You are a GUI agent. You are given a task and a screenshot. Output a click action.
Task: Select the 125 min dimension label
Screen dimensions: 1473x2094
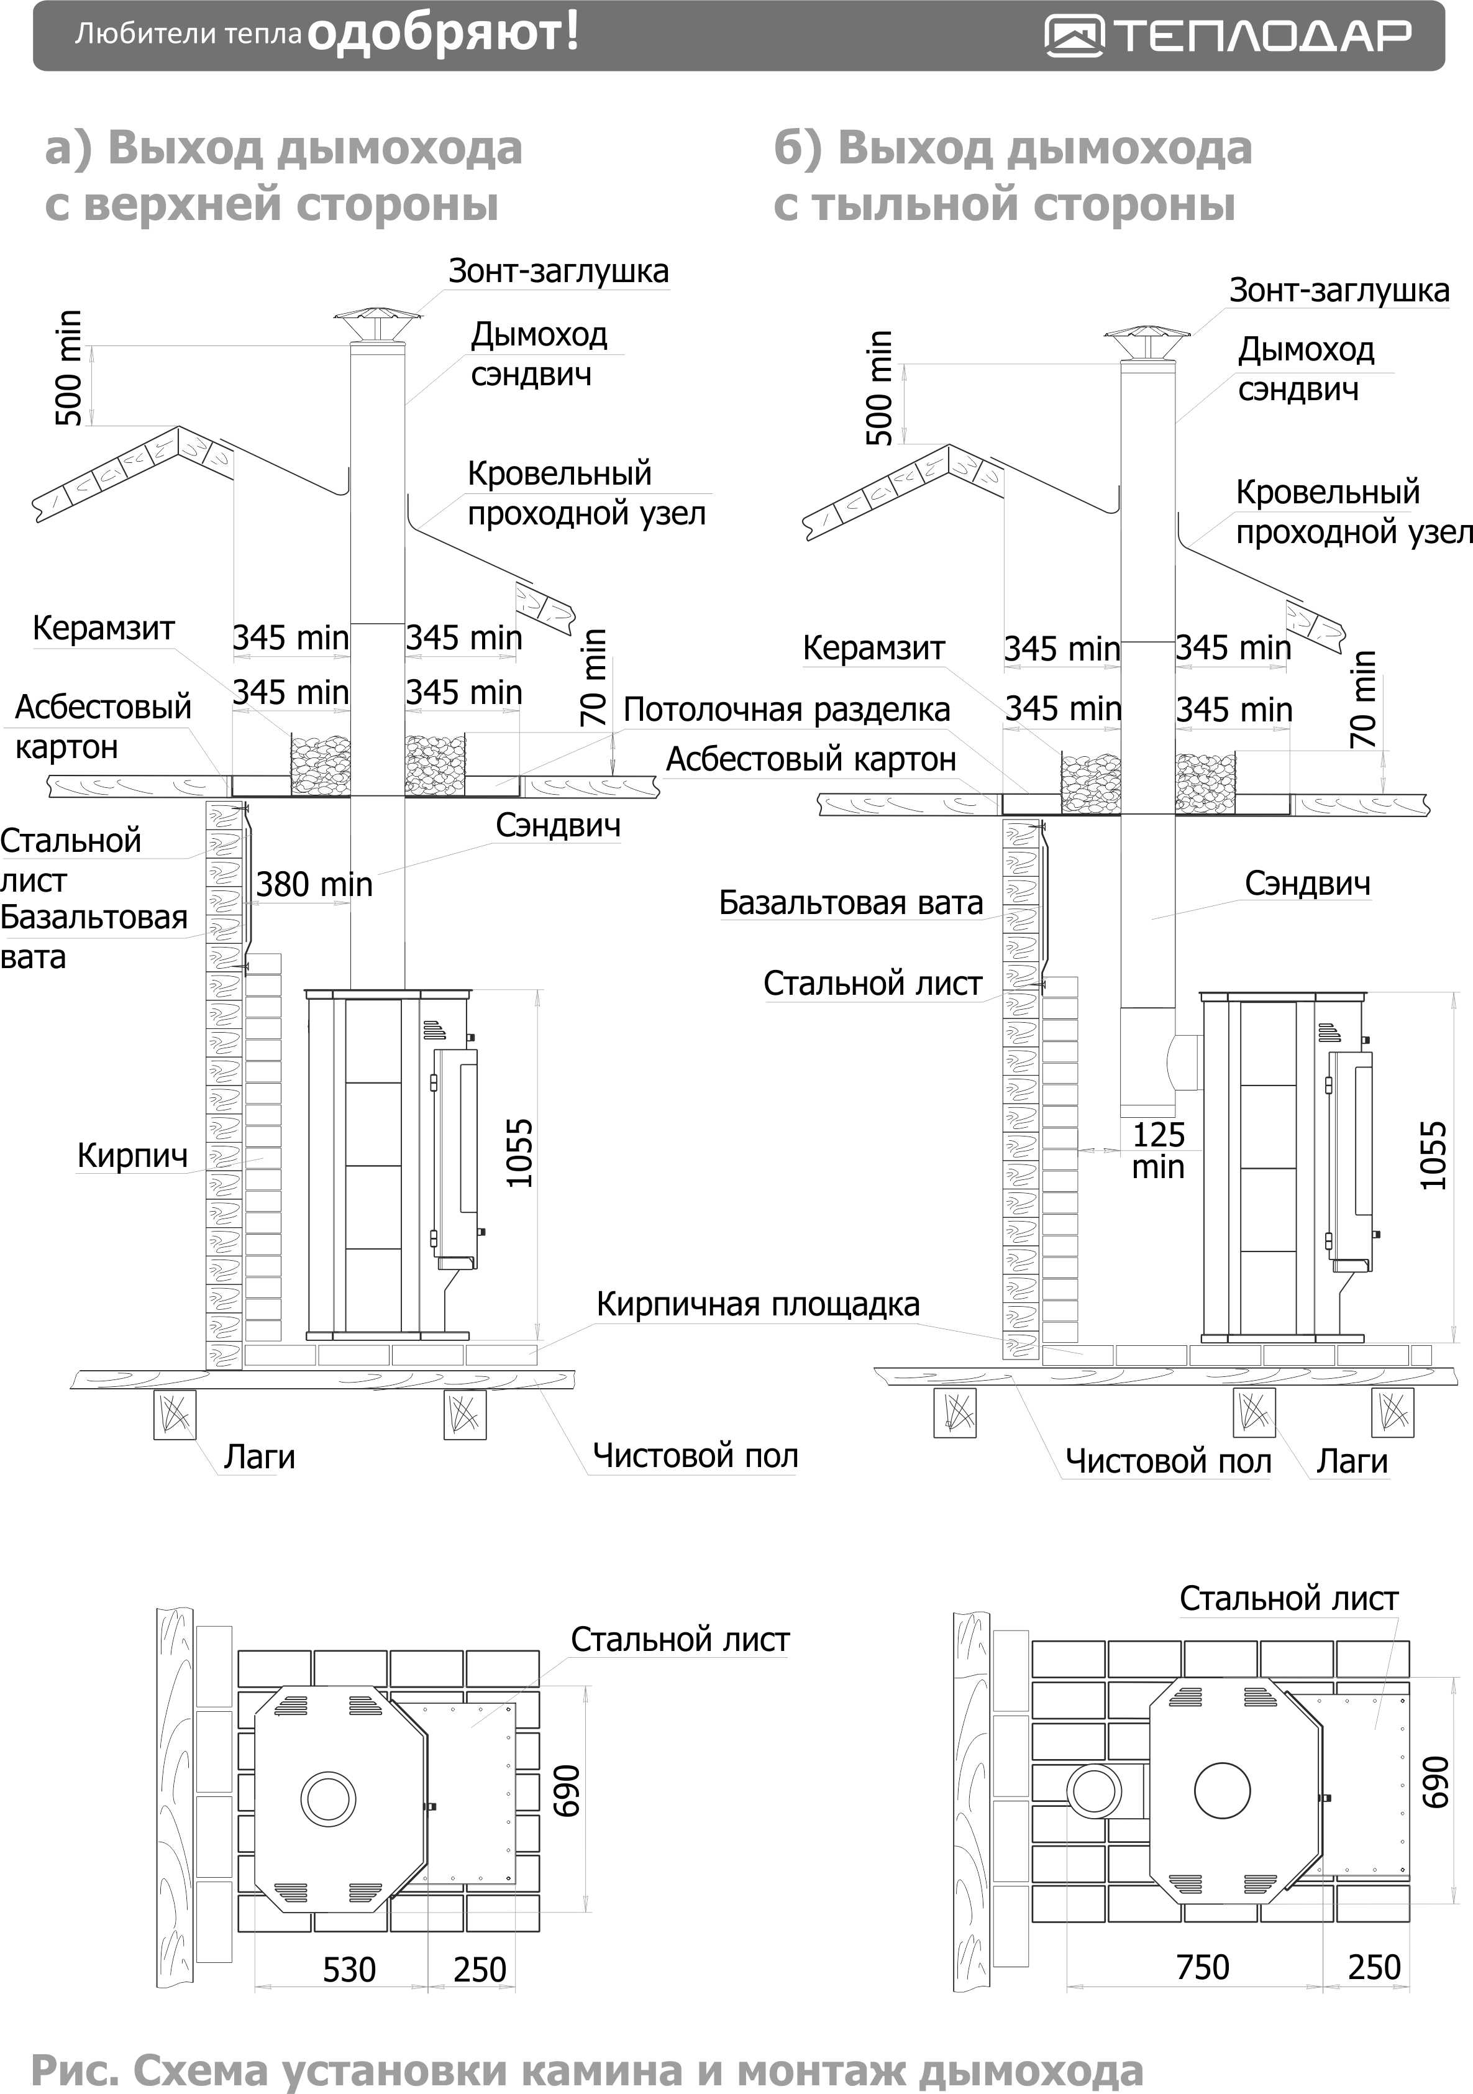(x=1159, y=1150)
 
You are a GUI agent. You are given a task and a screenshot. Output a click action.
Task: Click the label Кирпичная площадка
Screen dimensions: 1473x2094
(x=758, y=1304)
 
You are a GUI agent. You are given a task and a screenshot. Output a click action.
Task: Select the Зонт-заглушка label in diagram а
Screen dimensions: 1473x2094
(x=558, y=271)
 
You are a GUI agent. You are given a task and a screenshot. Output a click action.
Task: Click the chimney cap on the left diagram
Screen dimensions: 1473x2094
(x=376, y=324)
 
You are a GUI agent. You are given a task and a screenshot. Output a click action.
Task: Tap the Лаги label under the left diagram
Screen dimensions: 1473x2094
(x=260, y=1456)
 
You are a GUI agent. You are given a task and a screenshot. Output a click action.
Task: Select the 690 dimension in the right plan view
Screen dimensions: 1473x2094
(x=1436, y=1781)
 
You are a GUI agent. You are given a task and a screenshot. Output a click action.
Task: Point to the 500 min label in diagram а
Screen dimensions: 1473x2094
(x=68, y=368)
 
